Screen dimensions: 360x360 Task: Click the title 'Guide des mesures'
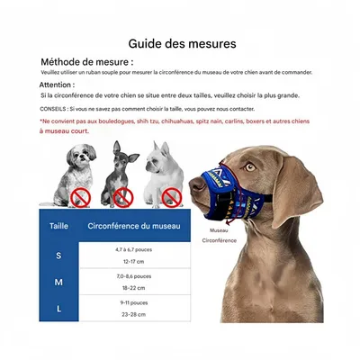coord(183,42)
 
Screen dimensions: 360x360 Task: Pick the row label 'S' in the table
coord(58,256)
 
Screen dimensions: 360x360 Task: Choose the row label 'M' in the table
coord(58,282)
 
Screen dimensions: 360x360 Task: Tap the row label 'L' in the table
coord(58,308)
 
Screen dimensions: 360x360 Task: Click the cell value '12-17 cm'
coord(133,260)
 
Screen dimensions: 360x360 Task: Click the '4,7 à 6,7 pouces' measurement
coord(133,250)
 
